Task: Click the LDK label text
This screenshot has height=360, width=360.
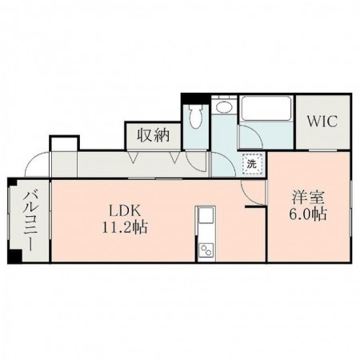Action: point(126,210)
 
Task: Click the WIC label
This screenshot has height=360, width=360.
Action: point(323,122)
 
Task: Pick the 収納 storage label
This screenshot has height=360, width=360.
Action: point(152,135)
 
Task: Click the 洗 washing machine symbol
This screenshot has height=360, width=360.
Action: point(251,164)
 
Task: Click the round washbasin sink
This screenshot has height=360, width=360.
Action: point(224,109)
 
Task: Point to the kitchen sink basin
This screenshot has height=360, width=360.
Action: point(204,217)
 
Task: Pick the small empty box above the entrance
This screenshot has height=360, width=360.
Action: point(64,144)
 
